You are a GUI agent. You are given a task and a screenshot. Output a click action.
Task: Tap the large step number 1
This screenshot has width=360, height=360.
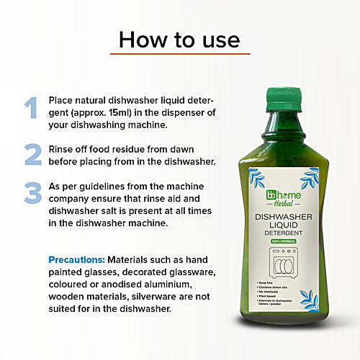pyautogui.click(x=30, y=107)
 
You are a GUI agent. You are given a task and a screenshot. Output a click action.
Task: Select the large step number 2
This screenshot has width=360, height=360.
pyautogui.click(x=32, y=154)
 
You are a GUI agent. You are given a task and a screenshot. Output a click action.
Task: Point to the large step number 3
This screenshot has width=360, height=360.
pyautogui.click(x=32, y=194)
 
